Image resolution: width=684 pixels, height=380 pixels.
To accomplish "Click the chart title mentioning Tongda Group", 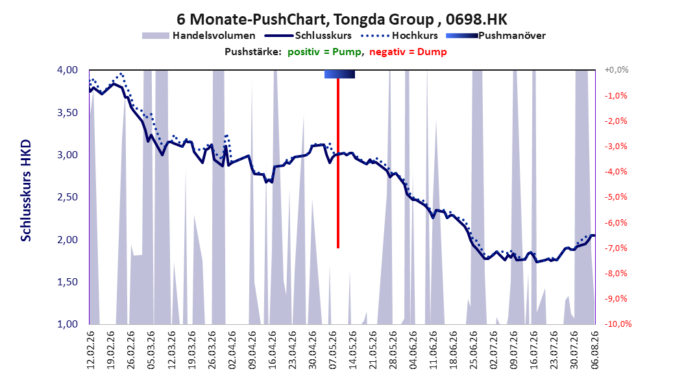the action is click(341, 19).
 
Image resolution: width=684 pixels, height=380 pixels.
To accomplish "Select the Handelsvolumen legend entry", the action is click(199, 36).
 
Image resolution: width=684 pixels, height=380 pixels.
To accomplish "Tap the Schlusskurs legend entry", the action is click(308, 36).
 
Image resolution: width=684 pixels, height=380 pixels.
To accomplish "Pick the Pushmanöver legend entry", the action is click(496, 36).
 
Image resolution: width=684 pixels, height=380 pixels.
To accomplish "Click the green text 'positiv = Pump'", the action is click(324, 52).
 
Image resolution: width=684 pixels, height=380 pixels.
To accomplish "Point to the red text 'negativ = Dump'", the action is click(408, 52).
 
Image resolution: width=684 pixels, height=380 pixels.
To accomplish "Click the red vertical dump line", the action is click(338, 163).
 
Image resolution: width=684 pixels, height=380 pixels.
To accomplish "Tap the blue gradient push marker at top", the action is click(339, 74).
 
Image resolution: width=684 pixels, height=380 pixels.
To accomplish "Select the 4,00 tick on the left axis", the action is click(67, 70).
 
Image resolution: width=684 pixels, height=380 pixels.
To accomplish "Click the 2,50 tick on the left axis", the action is click(67, 197).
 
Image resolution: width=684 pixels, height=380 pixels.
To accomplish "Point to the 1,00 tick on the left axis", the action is click(67, 324).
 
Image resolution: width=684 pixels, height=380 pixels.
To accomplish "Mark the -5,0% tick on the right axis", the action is click(616, 197).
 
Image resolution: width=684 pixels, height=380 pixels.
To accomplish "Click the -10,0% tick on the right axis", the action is click(618, 324).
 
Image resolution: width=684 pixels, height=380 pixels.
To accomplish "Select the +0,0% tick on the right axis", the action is click(617, 70).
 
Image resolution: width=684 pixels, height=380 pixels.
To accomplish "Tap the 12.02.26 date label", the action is click(91, 350).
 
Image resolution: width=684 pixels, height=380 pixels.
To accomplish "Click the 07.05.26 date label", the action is click(332, 350).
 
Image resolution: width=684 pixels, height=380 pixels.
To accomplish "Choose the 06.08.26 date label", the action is click(594, 350).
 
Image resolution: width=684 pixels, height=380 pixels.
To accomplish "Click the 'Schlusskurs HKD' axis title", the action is click(26, 191).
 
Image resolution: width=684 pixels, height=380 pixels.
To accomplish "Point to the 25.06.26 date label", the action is click(473, 350).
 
